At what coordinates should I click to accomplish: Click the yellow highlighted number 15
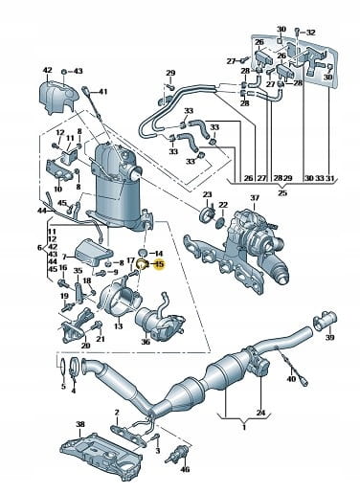click(x=159, y=264)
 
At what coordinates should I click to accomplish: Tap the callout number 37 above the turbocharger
click(x=255, y=198)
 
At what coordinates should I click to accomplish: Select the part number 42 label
click(x=47, y=70)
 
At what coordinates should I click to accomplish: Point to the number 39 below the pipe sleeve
click(x=329, y=337)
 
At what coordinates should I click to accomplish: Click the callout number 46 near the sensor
click(x=185, y=469)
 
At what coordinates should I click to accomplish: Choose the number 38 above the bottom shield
click(x=80, y=424)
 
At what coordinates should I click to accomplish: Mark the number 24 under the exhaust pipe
click(x=260, y=413)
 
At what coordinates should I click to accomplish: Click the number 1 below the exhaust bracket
click(x=244, y=427)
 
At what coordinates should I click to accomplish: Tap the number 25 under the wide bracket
click(x=282, y=192)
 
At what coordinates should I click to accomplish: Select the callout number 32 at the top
click(x=310, y=33)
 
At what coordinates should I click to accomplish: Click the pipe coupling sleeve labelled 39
click(x=325, y=319)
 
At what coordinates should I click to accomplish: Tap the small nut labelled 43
click(x=63, y=71)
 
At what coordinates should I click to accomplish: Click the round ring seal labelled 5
click(x=62, y=368)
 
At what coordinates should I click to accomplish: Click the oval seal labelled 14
click(x=143, y=253)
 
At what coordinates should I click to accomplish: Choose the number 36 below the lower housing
click(x=146, y=342)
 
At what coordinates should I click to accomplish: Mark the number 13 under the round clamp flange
click(x=118, y=325)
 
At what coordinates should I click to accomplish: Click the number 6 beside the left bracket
click(x=39, y=247)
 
